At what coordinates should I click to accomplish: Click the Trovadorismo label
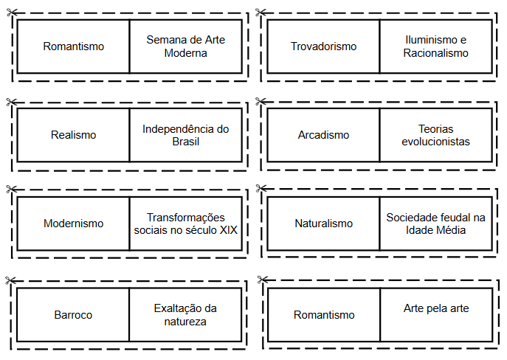[x=323, y=46]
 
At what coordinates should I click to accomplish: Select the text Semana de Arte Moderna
[x=185, y=46]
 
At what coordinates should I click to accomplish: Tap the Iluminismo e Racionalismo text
[x=435, y=46]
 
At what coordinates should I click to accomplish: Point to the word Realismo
[x=73, y=135]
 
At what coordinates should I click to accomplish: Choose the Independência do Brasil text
[x=185, y=135]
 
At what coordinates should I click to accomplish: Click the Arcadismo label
[x=323, y=135]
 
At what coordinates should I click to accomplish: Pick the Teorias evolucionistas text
[x=435, y=135]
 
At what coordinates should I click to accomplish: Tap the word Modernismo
[x=73, y=224]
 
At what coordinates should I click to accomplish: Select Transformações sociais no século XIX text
[x=185, y=224]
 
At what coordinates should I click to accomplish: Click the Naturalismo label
[x=323, y=224]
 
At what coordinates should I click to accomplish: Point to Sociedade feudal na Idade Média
[x=435, y=224]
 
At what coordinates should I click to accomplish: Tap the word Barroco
[x=73, y=315]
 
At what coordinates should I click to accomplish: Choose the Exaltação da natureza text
[x=185, y=315]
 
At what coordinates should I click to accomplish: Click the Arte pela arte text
[x=436, y=308]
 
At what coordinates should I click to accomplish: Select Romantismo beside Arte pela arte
[x=324, y=315]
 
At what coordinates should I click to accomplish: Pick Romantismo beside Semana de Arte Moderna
[x=73, y=46]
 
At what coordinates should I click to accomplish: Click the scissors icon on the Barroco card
[x=10, y=280]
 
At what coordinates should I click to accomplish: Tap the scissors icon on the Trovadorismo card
[x=261, y=13]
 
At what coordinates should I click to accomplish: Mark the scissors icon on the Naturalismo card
[x=261, y=188]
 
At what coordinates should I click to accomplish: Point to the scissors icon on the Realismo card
[x=11, y=102]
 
